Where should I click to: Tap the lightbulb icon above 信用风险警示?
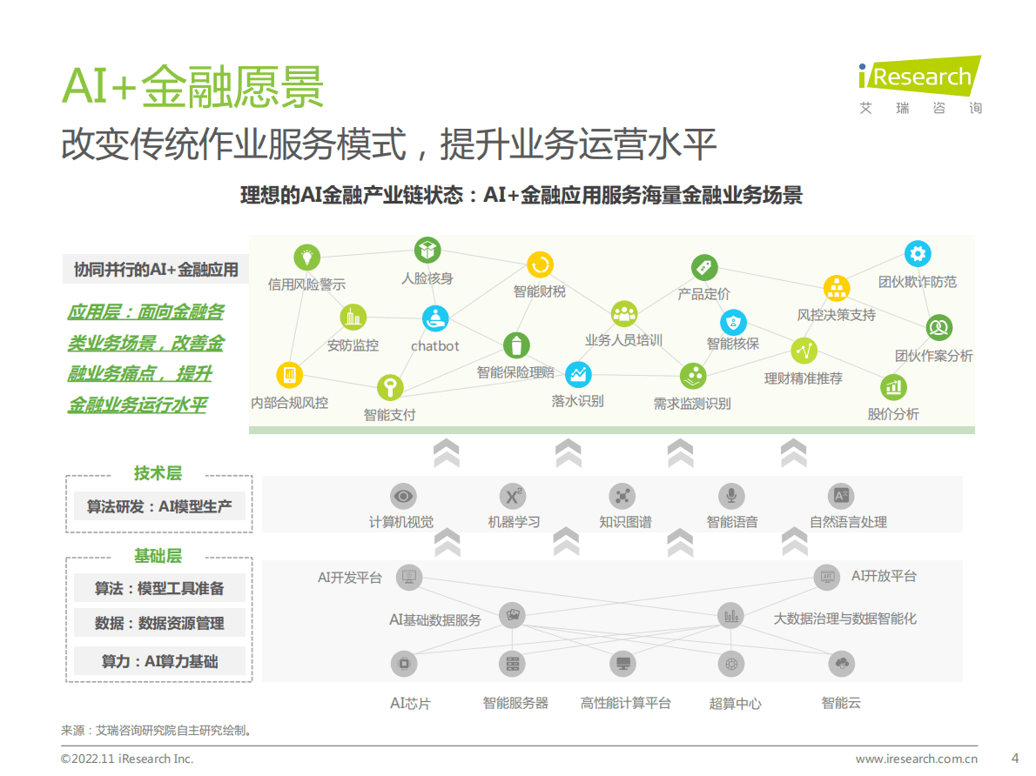coord(306,257)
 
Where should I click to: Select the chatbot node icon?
coord(435,318)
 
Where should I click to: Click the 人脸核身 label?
coord(427,278)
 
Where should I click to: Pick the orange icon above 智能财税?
coord(540,264)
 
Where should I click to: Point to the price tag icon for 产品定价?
coord(703,267)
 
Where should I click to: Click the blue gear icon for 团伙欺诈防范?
coord(917,254)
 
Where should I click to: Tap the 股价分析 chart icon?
coord(893,387)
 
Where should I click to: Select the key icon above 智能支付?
coord(389,387)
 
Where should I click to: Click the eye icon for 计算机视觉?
coord(402,496)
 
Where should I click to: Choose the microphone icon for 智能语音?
coord(731,496)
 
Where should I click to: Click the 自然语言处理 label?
coord(848,522)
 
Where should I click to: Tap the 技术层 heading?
coord(158,473)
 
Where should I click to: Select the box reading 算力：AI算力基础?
coord(159,661)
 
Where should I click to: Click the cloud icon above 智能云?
coord(841,664)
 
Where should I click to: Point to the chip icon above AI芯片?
coord(402,664)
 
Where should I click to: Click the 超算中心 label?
coord(735,703)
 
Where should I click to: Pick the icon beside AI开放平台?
coord(827,576)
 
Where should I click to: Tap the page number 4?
coord(1014,757)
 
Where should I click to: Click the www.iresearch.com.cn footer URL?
coord(916,759)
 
